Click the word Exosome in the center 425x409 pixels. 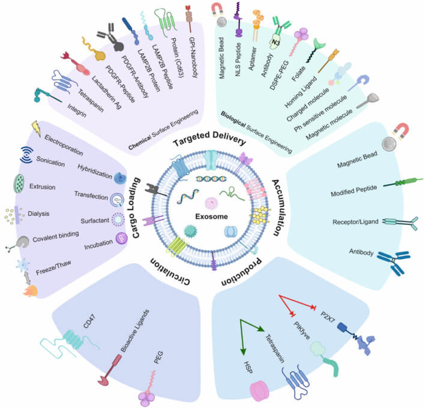tap(211, 216)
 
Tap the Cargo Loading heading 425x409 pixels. tap(136, 208)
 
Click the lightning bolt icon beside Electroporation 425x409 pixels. tap(37, 128)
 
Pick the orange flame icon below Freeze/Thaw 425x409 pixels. tap(31, 291)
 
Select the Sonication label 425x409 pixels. tap(50, 161)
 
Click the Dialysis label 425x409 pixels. tap(38, 213)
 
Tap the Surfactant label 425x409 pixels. tap(95, 221)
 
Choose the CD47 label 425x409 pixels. tap(89, 321)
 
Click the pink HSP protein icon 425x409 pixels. tap(259, 391)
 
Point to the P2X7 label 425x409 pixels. tap(328, 317)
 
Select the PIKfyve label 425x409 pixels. tap(302, 330)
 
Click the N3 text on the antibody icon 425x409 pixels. tap(276, 43)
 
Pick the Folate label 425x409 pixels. tap(298, 73)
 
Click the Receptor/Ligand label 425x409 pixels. tap(355, 222)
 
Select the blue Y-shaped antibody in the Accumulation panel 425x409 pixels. tap(394, 262)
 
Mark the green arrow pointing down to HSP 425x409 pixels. tap(241, 337)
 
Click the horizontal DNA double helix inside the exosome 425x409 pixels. tap(211, 179)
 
